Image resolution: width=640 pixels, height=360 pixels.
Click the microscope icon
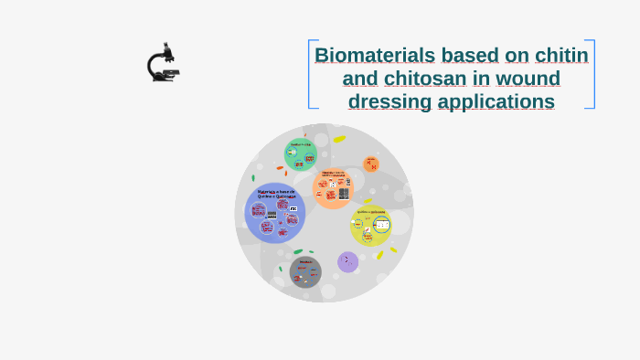(x=163, y=63)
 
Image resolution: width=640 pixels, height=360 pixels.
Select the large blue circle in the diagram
(x=274, y=213)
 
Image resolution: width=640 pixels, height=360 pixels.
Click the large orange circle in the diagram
(x=332, y=189)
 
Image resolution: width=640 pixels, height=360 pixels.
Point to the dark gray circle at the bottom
(x=305, y=271)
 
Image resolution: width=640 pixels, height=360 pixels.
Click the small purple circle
(x=347, y=262)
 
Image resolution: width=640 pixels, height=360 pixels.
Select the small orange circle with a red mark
(x=370, y=164)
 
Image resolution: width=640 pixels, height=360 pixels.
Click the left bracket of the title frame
(x=310, y=74)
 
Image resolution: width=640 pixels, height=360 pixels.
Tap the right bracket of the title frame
(x=593, y=74)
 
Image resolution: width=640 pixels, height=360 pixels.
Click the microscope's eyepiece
(x=166, y=45)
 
